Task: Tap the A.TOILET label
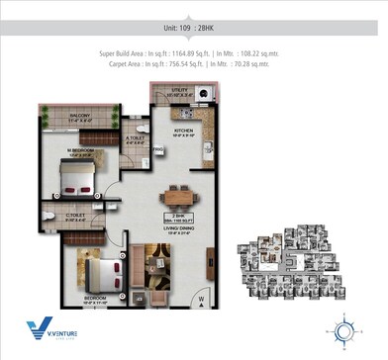[x=136, y=139]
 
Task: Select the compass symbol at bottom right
[x=345, y=329]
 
